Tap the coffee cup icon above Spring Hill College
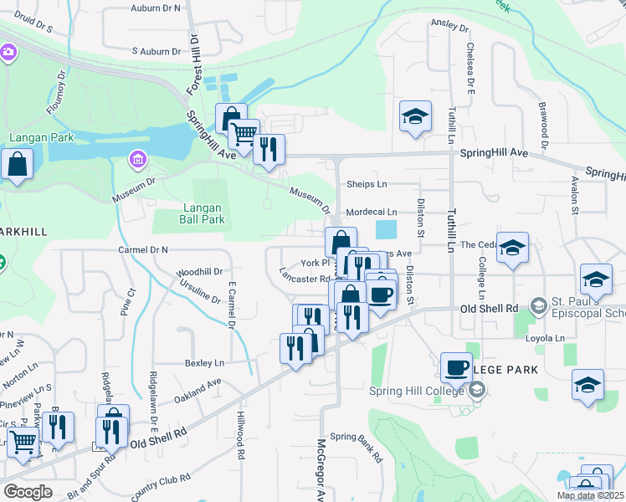pyautogui.click(x=457, y=366)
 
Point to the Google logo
pyautogui.click(x=28, y=492)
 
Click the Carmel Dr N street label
pyautogui.click(x=143, y=249)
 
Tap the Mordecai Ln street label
pyautogui.click(x=371, y=213)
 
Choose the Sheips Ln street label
pyautogui.click(x=367, y=184)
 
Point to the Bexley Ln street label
pyautogui.click(x=204, y=363)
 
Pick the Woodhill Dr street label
pyautogui.click(x=199, y=272)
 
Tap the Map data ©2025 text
pyautogui.click(x=589, y=495)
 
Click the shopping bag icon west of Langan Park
pyautogui.click(x=18, y=166)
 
